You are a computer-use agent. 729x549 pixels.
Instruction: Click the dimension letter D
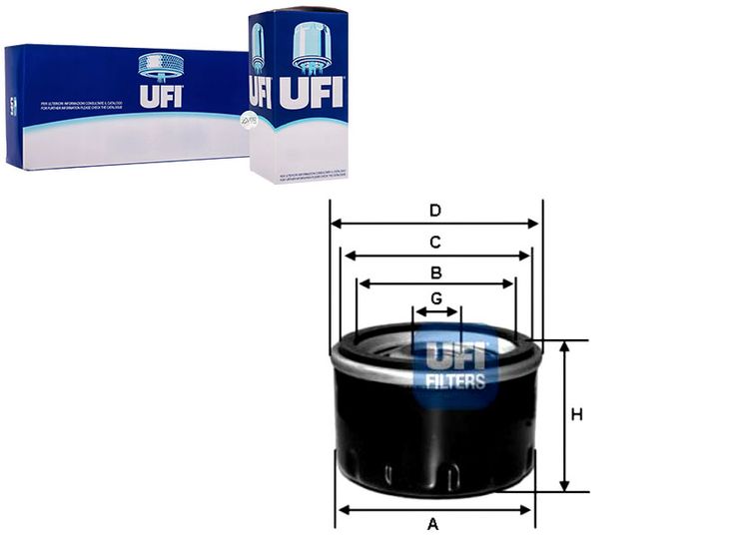click(435, 211)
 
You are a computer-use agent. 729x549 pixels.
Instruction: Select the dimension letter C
click(435, 242)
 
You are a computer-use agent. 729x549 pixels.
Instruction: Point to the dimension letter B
click(436, 273)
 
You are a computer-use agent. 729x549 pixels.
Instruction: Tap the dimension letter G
click(436, 298)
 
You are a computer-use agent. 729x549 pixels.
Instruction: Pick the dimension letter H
click(576, 414)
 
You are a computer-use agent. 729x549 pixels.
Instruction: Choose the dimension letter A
click(433, 524)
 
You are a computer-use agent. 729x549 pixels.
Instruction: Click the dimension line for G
click(436, 312)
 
